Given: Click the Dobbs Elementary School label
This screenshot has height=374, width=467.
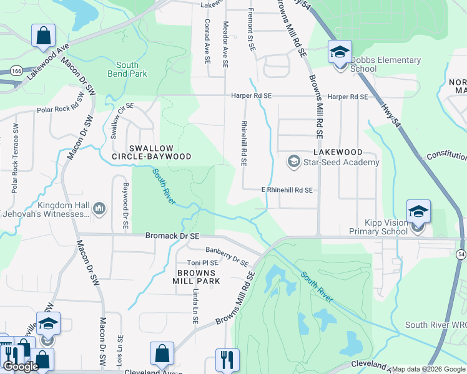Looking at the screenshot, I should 385,64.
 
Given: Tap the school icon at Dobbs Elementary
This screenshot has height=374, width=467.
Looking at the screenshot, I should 340,51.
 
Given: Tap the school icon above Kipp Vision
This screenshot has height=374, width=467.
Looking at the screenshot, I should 418,211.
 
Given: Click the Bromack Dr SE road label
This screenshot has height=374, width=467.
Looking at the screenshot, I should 172,236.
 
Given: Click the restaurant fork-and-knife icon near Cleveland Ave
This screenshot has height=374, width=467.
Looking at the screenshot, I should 227,360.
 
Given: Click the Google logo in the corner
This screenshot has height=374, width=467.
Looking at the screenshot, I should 21,367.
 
